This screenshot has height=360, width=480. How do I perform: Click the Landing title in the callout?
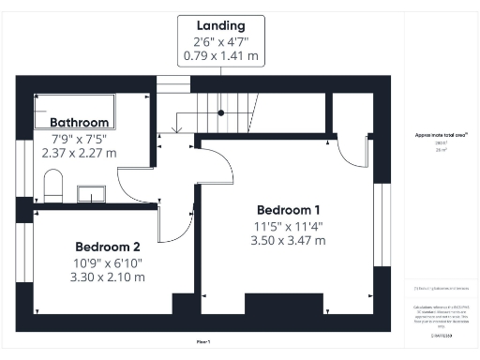[x=220, y=25]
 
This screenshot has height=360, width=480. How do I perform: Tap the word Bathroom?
[x=80, y=122]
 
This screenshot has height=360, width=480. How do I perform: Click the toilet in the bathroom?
[x=52, y=181]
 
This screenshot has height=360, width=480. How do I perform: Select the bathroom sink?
[x=91, y=194]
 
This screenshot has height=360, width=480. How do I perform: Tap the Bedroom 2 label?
[x=110, y=247]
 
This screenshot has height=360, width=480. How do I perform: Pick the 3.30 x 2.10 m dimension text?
[x=110, y=277]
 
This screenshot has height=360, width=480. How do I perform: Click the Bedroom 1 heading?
[x=288, y=209]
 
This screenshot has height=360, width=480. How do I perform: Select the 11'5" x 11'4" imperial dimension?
[x=288, y=225]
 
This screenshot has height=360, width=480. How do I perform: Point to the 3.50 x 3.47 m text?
[x=288, y=241]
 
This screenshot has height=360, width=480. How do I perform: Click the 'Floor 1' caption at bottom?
[x=202, y=340]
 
